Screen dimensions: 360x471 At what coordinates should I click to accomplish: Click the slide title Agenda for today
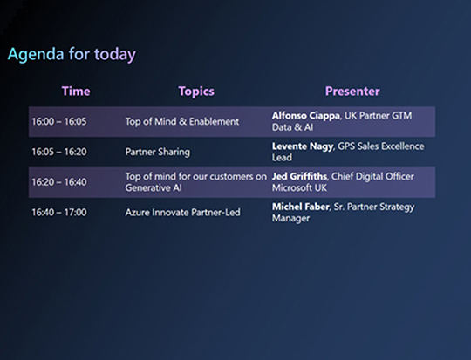click(x=72, y=55)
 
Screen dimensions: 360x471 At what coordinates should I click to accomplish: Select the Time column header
click(x=76, y=92)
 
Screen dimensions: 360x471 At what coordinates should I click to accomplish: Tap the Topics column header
click(x=196, y=92)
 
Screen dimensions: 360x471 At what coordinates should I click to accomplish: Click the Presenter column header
click(x=352, y=92)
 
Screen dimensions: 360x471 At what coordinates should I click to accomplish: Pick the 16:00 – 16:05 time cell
click(x=58, y=122)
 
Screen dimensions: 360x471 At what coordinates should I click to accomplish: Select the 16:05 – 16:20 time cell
click(x=58, y=152)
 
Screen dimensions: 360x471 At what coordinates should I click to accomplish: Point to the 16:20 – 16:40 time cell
click(x=58, y=182)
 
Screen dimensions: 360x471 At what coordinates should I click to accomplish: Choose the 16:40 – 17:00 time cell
click(x=58, y=212)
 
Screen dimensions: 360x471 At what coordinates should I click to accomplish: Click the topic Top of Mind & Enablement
click(x=181, y=122)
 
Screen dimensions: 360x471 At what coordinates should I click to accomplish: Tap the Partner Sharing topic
click(x=158, y=152)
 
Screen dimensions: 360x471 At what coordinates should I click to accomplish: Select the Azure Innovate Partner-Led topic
click(x=181, y=212)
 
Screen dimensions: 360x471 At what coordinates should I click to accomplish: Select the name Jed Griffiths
click(x=302, y=176)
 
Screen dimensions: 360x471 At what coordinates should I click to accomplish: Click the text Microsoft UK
click(x=301, y=187)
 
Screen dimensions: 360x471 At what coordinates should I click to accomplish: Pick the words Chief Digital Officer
click(x=380, y=176)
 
